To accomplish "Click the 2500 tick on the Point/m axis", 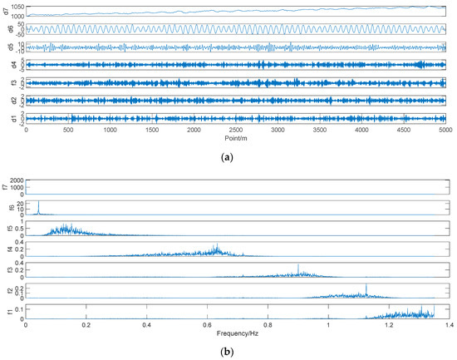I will tap(236, 130).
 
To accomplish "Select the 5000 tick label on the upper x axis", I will tap(445, 130).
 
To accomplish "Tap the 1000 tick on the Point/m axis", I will tap(111, 130).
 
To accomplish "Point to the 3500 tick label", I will tap(320, 130).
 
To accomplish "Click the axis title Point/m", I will tap(236, 138).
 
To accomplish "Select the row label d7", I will tap(6, 11).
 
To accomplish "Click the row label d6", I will tap(6, 29).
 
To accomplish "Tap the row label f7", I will tap(6, 187).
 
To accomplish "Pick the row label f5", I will tap(6, 229).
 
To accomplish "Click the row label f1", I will tap(6, 311).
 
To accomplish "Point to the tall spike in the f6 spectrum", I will tap(38, 204).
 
